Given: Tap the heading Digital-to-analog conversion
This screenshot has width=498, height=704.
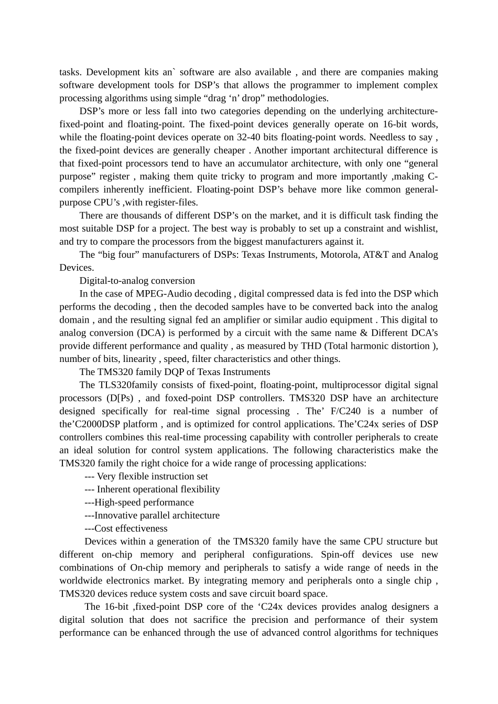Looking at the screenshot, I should tap(137, 281).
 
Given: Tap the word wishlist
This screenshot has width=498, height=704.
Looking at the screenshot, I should tap(421, 228).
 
